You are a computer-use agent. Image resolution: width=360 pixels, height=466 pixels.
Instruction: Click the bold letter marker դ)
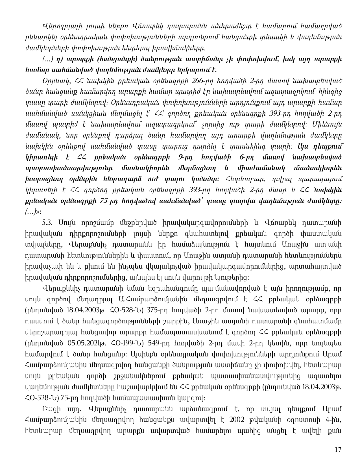[60, 60]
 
